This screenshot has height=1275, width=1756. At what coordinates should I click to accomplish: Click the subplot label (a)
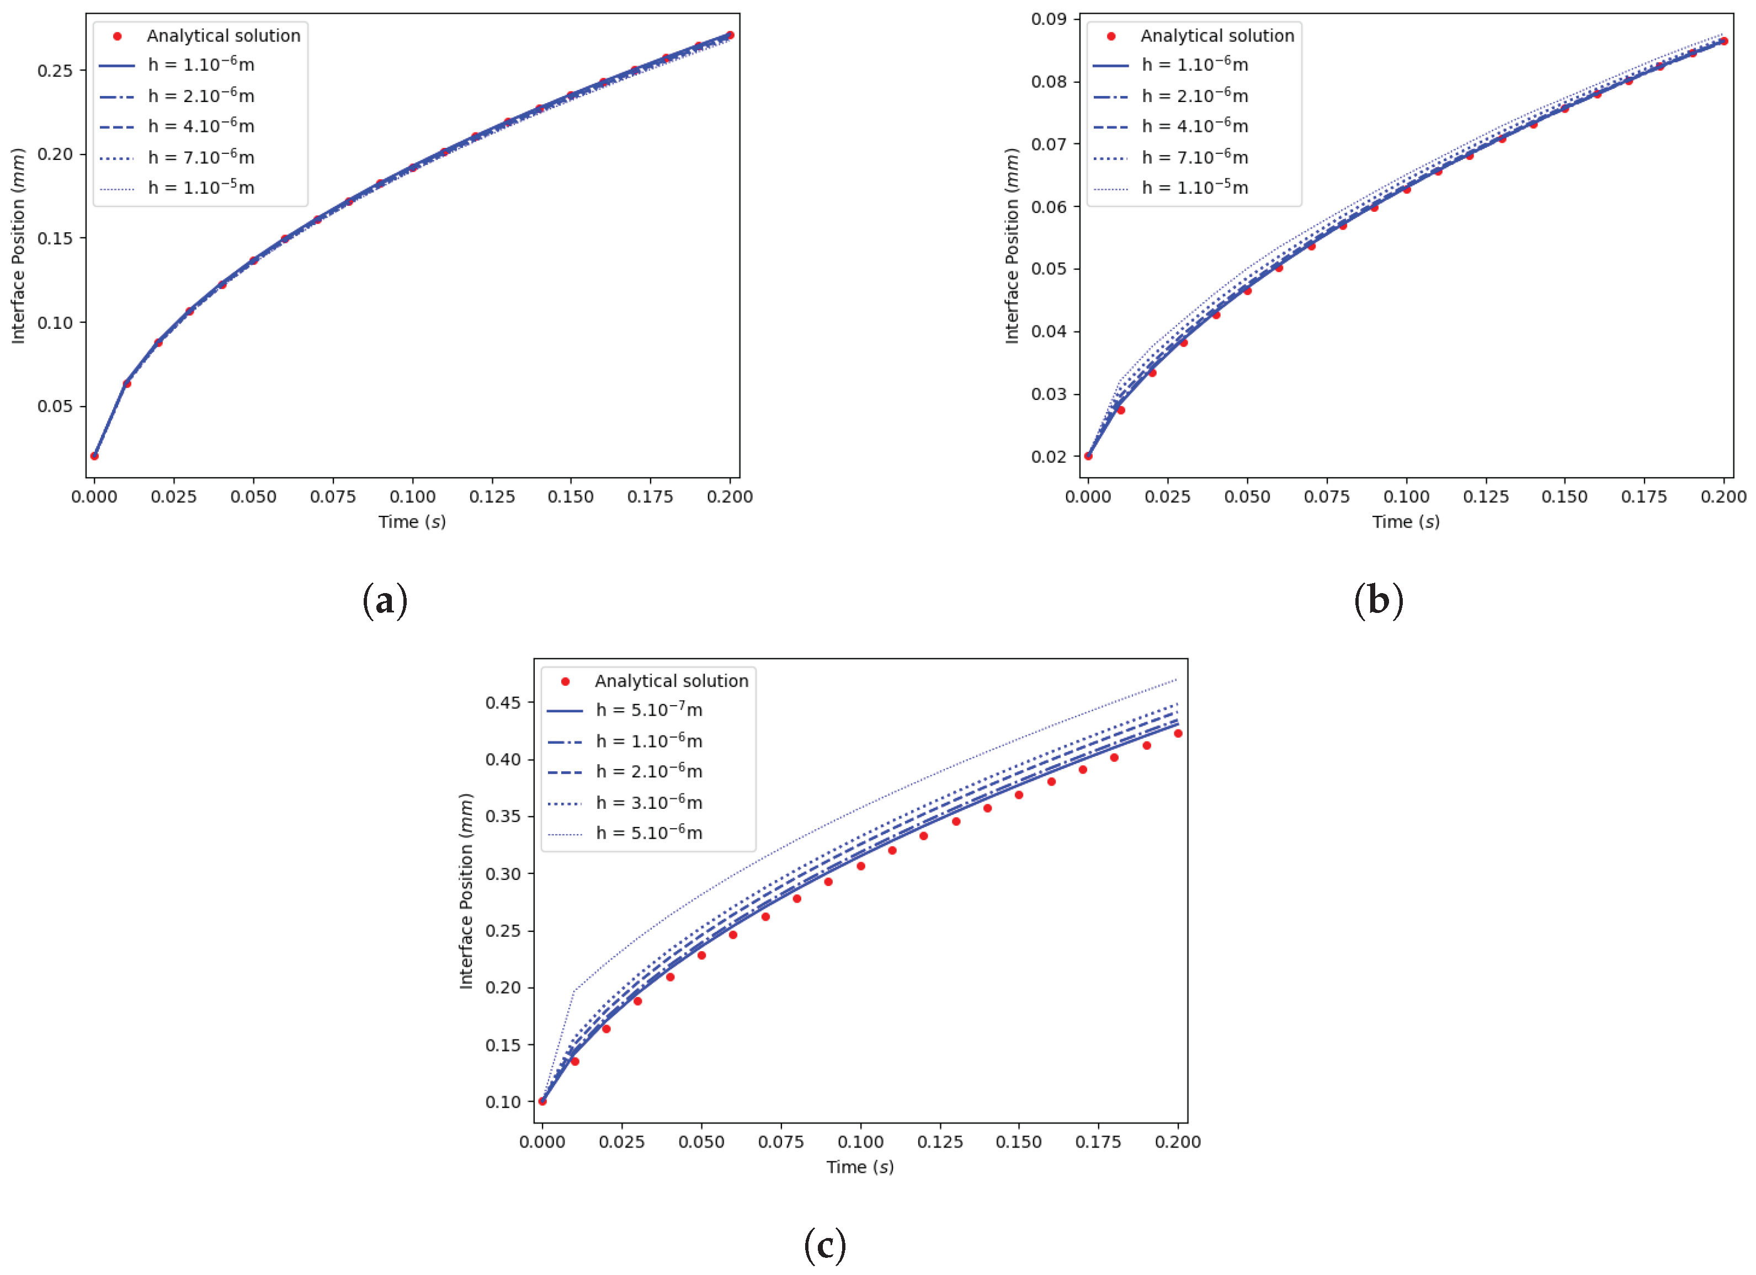(385, 601)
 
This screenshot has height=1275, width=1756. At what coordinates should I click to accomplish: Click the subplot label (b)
(1378, 601)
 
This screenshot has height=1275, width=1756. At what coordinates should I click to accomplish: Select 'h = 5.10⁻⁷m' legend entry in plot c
(649, 710)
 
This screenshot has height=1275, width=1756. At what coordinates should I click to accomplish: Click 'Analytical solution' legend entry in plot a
(223, 36)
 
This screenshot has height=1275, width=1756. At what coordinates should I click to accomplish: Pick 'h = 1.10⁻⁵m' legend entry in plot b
(1195, 188)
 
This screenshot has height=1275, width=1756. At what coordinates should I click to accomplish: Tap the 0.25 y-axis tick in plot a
(55, 71)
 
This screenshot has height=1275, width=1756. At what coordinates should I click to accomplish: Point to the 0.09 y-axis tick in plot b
(1049, 19)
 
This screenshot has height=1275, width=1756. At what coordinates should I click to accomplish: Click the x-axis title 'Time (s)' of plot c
(859, 1167)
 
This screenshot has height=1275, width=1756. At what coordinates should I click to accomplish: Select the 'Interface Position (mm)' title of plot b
(1011, 246)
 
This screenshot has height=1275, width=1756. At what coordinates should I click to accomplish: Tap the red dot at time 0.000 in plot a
(94, 456)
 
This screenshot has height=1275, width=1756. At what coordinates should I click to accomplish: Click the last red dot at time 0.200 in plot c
(1178, 733)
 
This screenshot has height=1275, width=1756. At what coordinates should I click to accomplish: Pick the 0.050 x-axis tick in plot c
(701, 1142)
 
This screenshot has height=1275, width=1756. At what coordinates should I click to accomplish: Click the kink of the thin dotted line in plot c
(574, 990)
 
